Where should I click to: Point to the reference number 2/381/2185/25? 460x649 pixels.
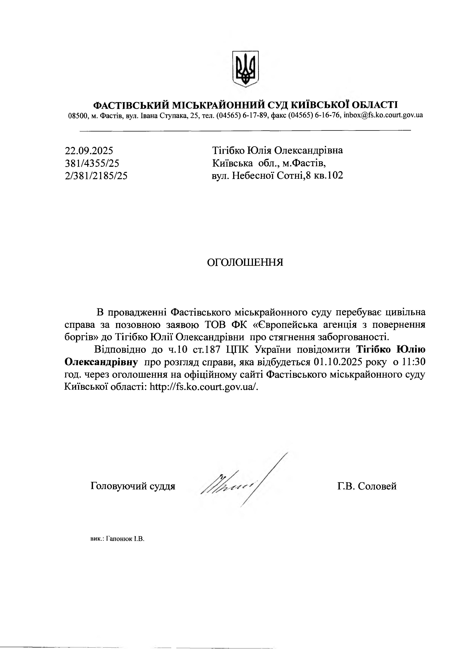[96, 176]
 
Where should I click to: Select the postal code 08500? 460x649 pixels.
[77, 115]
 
